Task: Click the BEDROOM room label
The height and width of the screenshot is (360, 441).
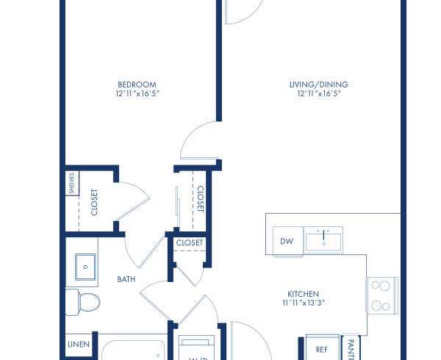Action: coord(137,84)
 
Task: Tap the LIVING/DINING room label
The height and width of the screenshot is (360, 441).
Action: coord(318,84)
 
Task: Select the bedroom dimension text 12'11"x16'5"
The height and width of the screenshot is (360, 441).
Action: coord(137,94)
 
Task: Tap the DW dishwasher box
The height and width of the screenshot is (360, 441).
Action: coord(287,240)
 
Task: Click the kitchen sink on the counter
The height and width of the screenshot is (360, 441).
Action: coord(323,239)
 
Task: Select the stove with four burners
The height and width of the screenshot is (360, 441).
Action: coord(382,296)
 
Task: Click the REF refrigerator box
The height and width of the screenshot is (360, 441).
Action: coord(322,350)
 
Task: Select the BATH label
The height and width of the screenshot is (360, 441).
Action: coord(126,279)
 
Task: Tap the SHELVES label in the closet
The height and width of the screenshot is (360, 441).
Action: coord(71,183)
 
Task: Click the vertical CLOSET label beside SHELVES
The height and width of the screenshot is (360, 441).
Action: coord(94,202)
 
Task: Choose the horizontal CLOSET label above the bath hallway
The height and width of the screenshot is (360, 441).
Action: coord(190,242)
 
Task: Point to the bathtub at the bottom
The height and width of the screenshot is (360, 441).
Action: coord(132,349)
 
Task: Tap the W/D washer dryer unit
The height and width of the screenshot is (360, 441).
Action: coord(196,350)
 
